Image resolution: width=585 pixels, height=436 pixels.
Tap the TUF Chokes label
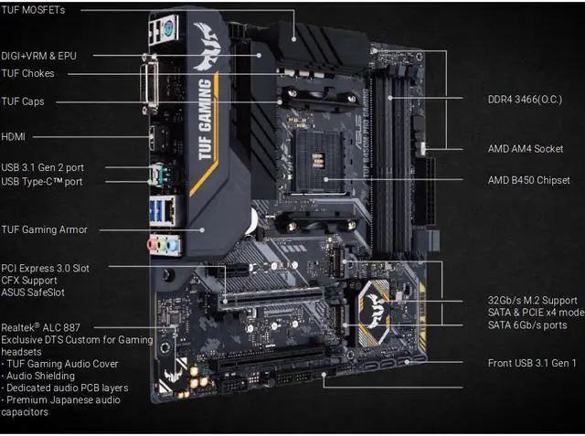pyautogui.click(x=27, y=73)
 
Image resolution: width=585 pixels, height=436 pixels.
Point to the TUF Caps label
pyautogui.click(x=23, y=101)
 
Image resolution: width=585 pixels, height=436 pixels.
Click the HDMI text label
pyautogui.click(x=14, y=136)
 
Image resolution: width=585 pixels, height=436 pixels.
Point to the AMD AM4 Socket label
pyautogui.click(x=526, y=148)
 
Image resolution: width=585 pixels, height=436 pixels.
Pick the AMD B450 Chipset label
pyautogui.click(x=528, y=180)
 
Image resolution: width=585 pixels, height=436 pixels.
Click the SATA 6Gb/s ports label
pyautogui.click(x=527, y=325)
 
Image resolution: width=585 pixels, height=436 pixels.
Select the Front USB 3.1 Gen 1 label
pyautogui.click(x=532, y=363)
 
